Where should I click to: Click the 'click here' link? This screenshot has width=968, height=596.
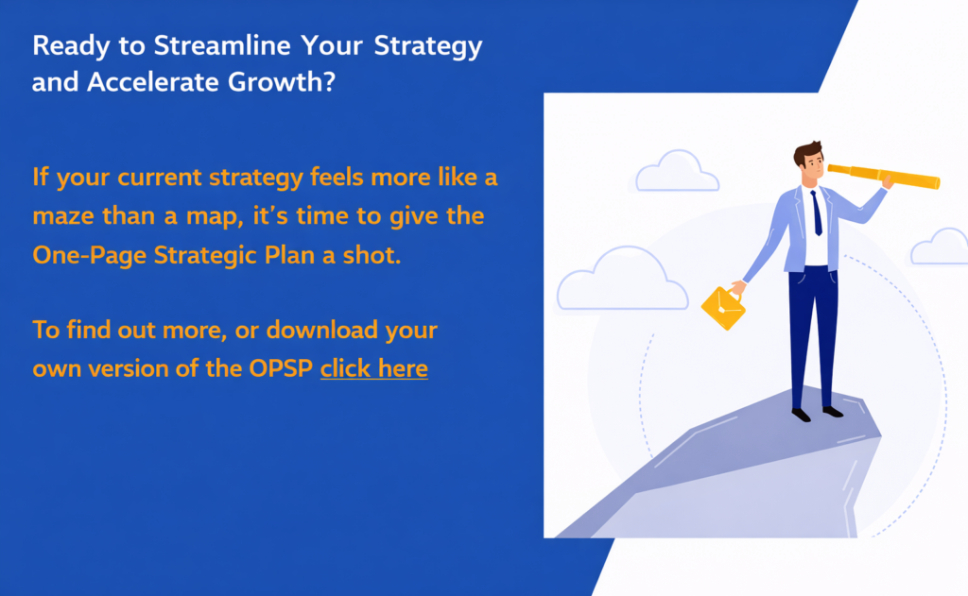click(374, 368)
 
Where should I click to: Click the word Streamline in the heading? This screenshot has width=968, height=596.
click(222, 45)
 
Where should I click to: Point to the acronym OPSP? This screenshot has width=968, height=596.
click(281, 368)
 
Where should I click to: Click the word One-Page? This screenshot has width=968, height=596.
click(89, 255)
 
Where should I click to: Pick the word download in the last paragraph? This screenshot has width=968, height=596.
click(321, 330)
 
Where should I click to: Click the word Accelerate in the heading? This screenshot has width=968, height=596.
click(153, 81)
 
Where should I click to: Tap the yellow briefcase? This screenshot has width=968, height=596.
click(723, 307)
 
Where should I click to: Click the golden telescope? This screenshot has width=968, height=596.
click(884, 177)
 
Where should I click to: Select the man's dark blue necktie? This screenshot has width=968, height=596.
click(817, 213)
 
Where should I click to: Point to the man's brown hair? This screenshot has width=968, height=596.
click(806, 152)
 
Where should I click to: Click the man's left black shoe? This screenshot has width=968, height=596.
click(802, 415)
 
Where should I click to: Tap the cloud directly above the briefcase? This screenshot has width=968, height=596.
click(622, 281)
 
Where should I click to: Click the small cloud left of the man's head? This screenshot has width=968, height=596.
click(677, 172)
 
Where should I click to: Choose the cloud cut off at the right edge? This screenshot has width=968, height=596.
click(940, 247)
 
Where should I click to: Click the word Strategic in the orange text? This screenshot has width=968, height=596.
click(205, 255)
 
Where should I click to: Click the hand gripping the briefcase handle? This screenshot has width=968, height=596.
click(737, 287)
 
